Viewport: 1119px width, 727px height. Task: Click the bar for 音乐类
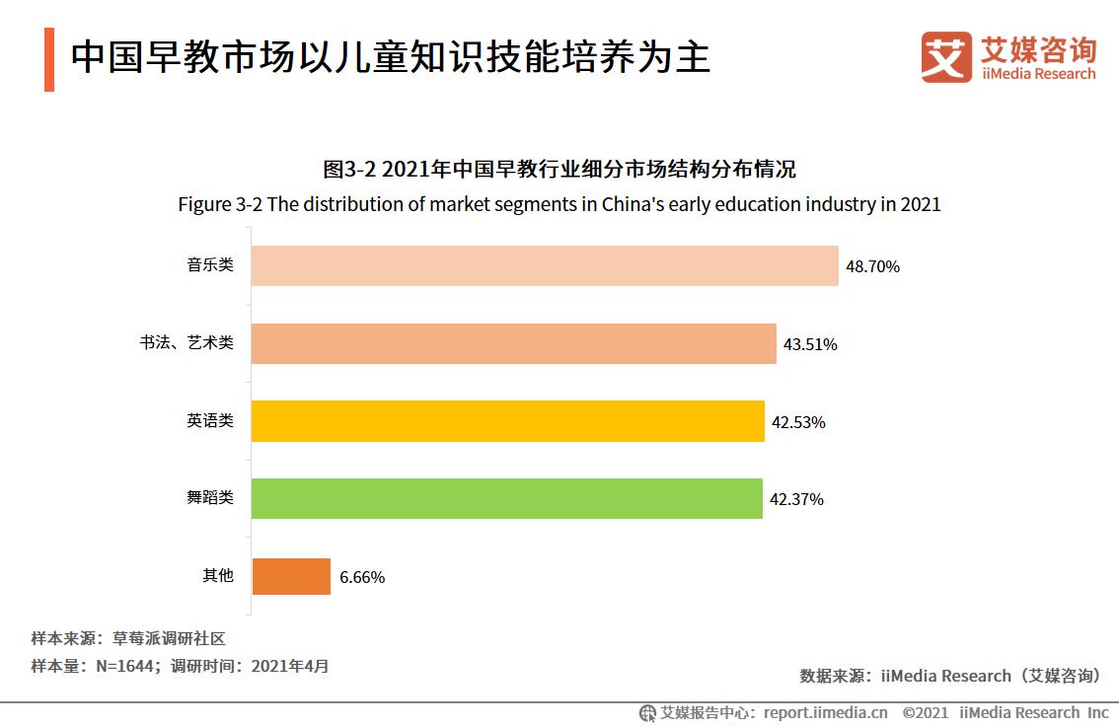(544, 265)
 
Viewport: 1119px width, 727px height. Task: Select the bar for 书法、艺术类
(513, 343)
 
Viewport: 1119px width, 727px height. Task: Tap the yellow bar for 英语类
(507, 421)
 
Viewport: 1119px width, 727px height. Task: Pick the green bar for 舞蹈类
(506, 498)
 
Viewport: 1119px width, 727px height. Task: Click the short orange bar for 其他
(291, 576)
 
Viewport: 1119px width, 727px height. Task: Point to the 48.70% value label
(872, 266)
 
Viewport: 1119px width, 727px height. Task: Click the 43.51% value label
(810, 344)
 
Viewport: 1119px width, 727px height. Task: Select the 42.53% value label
(798, 422)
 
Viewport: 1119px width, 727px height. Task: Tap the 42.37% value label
(796, 499)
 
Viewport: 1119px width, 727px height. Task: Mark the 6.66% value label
(362, 577)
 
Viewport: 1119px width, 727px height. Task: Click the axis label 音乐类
(210, 264)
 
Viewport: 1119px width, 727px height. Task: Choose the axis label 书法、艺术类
(186, 342)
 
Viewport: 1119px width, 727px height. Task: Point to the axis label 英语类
(210, 420)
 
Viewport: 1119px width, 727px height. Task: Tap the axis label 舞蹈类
(210, 497)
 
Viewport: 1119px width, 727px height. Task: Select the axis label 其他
(218, 575)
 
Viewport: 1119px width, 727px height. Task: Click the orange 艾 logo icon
(946, 57)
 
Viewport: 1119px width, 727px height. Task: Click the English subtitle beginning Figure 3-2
(559, 205)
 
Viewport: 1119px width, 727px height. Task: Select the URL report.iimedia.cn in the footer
(825, 712)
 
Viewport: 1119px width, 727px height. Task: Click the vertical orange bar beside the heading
(49, 60)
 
